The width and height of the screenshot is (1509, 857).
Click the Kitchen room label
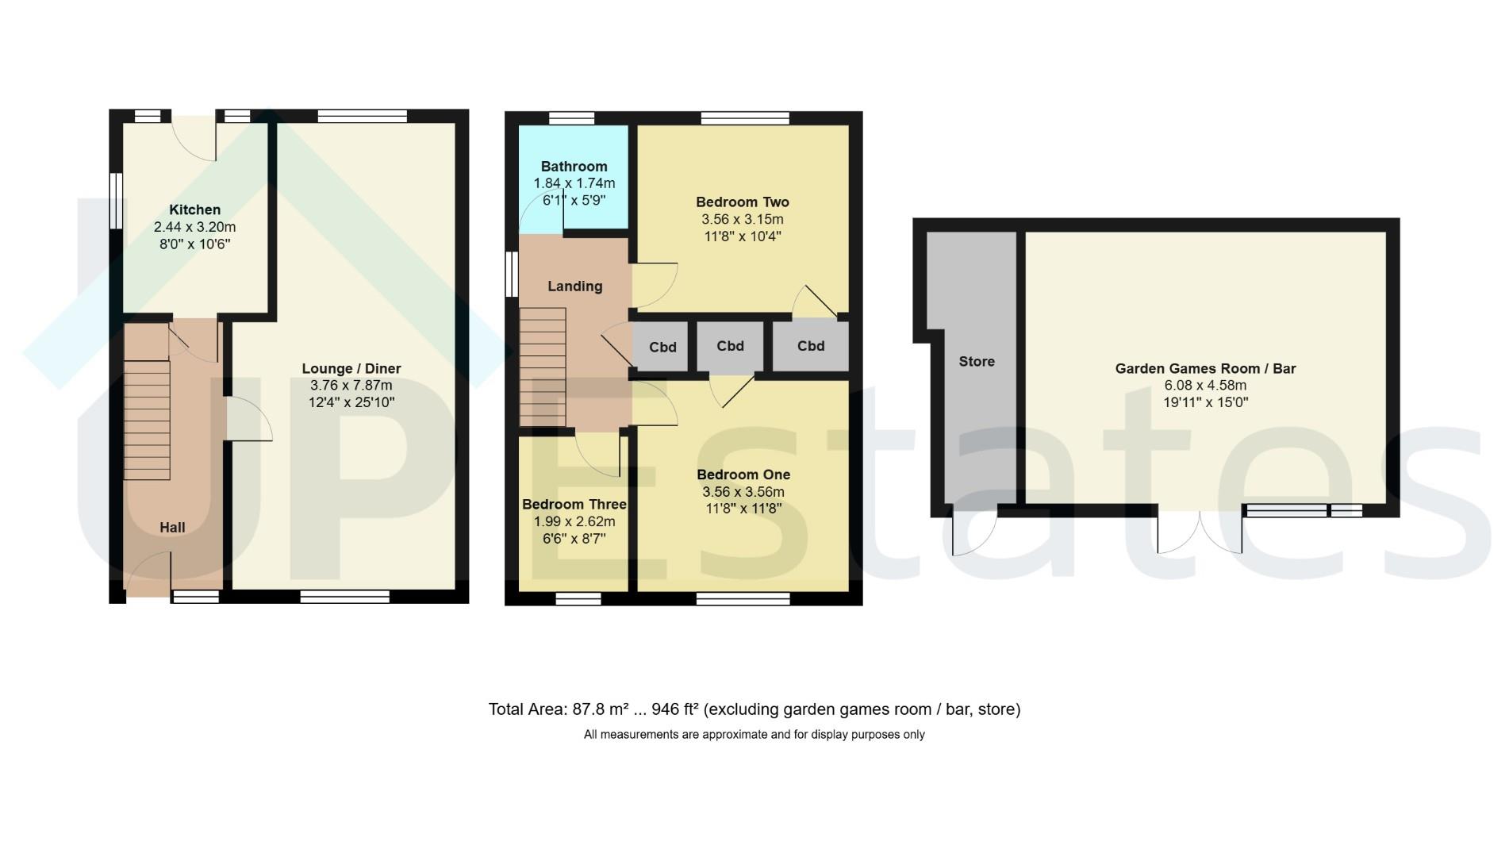[194, 209]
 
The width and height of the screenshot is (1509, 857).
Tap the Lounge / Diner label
[351, 368]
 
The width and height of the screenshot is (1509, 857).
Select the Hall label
[172, 527]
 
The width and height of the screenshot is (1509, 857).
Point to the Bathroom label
[574, 166]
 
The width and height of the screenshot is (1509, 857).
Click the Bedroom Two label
[743, 202]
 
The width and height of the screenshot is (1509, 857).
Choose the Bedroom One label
[743, 475]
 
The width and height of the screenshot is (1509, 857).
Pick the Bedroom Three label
[574, 504]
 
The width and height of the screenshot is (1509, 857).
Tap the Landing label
[575, 286]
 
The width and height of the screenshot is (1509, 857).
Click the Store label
[977, 361]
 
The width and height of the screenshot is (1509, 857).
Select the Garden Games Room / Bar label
[1205, 368]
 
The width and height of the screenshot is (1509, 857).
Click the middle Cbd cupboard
[730, 346]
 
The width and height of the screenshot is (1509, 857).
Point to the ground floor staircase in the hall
[147, 421]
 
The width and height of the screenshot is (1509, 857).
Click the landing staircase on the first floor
[543, 367]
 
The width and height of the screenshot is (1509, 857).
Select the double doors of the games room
[1200, 530]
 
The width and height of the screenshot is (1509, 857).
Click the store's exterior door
[974, 532]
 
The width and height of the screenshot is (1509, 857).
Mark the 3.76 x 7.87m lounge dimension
[351, 386]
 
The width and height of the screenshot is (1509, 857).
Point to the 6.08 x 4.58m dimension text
[1205, 386]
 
